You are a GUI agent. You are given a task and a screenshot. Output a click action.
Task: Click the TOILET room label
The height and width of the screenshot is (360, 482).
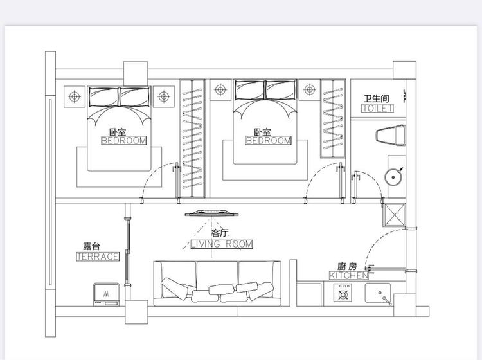tap(377, 109)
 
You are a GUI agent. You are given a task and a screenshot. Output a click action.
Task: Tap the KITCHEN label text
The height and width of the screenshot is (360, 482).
tap(348, 275)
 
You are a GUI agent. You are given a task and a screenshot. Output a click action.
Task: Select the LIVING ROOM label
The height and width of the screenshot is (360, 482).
tap(222, 244)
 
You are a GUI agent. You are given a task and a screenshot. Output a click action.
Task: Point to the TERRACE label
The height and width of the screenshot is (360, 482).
tap(98, 256)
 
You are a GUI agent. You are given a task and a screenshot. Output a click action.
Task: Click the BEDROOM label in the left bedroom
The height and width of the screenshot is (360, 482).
tap(124, 141)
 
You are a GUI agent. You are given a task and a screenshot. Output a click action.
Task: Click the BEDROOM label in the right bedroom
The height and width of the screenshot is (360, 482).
tap(269, 141)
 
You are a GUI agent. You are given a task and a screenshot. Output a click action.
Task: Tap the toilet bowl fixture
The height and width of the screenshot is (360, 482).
tap(390, 135)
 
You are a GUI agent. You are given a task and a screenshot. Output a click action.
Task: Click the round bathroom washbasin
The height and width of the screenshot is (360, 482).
tap(393, 177)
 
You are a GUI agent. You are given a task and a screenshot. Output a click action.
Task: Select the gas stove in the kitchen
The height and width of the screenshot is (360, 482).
tap(343, 292)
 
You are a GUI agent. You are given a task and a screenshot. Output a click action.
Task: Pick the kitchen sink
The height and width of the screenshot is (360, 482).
tap(378, 293)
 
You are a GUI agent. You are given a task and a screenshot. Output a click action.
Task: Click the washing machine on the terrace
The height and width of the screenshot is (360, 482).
tap(106, 294)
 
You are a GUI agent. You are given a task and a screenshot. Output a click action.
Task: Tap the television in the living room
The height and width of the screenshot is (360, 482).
tap(212, 213)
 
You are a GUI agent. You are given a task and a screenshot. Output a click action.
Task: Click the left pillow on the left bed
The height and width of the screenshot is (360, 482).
tap(103, 96)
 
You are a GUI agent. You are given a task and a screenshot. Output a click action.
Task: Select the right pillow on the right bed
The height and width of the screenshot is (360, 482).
tap(281, 90)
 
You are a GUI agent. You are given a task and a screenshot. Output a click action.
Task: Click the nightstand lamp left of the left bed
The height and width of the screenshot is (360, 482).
tap(75, 96)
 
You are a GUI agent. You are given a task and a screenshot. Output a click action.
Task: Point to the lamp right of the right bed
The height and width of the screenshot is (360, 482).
tap(310, 90)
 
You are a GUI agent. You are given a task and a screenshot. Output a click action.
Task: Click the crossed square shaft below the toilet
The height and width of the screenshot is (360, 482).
tap(394, 215)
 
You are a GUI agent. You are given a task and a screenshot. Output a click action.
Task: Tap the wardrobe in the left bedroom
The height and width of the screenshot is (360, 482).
tap(192, 138)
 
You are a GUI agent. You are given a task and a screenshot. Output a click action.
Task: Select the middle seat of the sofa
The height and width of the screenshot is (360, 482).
tap(217, 283)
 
